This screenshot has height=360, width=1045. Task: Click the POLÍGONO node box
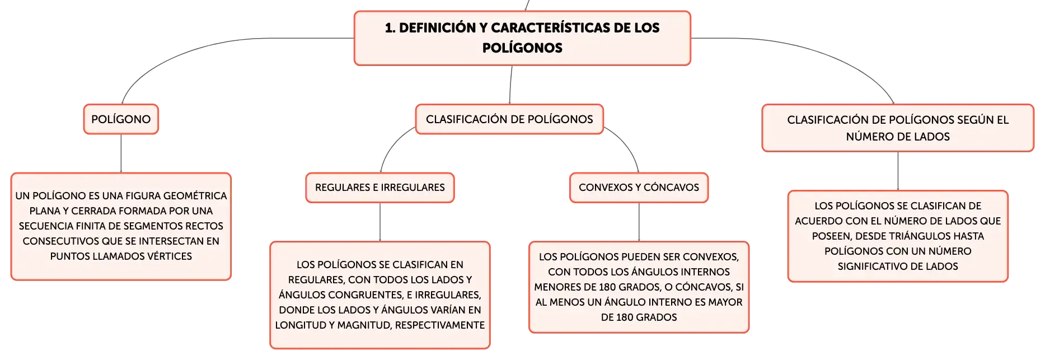[121, 119]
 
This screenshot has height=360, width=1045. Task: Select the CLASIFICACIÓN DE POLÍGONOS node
[509, 119]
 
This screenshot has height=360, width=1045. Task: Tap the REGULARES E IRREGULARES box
[380, 188]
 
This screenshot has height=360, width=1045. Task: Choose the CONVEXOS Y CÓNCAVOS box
[639, 188]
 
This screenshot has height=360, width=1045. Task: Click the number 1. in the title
[390, 27]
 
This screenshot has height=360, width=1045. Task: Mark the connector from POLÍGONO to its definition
[121, 153]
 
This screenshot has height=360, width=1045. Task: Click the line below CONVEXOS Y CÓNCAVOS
[639, 222]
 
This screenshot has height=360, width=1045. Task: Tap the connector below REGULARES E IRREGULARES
[380, 222]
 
